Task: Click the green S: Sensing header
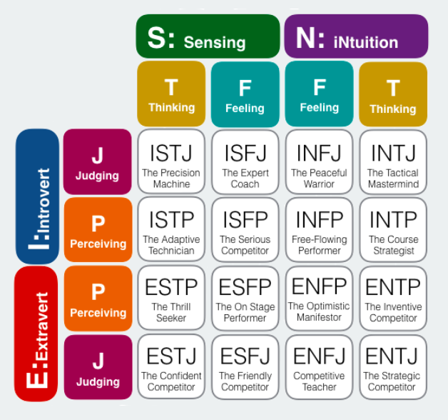[x=208, y=36]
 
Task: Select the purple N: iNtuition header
[x=356, y=36]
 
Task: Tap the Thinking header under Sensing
[x=171, y=94]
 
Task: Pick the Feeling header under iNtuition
[x=319, y=94]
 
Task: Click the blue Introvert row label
[x=36, y=196]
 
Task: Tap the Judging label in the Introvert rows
[x=98, y=162]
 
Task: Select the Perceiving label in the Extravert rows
[x=98, y=299]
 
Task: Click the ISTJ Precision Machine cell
[x=171, y=162]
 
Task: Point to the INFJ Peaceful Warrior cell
[x=319, y=162]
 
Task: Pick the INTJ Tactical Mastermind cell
[x=393, y=162]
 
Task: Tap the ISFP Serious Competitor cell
[x=245, y=231]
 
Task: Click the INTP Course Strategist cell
[x=393, y=231]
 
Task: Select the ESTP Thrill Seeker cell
[x=171, y=299]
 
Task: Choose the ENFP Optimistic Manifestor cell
[x=319, y=299]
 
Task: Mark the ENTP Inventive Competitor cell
[x=393, y=299]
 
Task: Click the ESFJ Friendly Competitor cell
[x=245, y=368]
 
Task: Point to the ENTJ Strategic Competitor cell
[x=393, y=368]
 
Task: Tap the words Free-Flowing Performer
[x=319, y=245]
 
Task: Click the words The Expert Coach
[x=245, y=178]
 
